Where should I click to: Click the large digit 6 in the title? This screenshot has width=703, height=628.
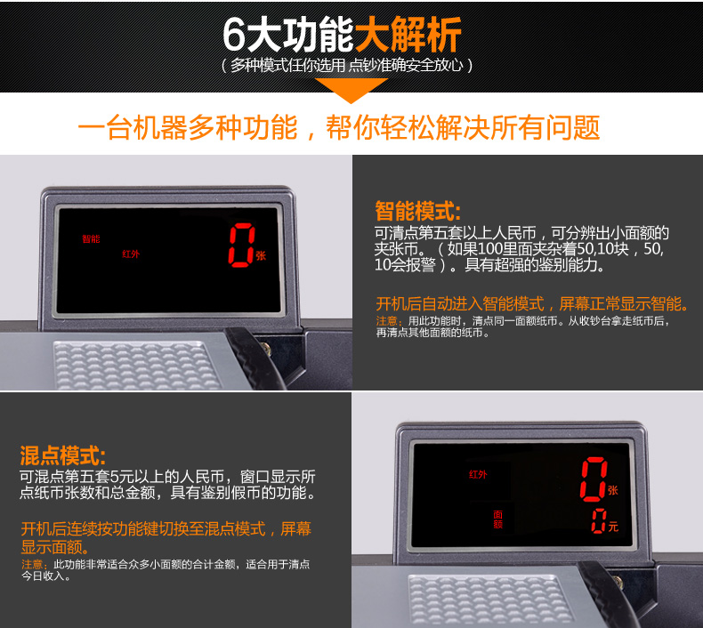[234, 35]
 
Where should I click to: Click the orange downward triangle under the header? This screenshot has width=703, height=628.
[351, 90]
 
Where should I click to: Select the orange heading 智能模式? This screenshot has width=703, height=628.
[418, 211]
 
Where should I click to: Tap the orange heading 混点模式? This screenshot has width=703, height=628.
[63, 455]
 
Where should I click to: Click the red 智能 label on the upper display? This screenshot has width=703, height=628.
[91, 238]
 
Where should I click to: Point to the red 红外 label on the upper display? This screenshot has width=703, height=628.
[131, 254]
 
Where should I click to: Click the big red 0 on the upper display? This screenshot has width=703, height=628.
[242, 245]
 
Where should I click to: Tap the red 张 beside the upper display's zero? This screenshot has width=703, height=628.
[261, 256]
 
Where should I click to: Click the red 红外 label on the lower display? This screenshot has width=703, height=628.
[478, 474]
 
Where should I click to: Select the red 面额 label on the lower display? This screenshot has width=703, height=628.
[498, 519]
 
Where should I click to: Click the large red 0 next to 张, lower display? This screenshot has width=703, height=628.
[594, 479]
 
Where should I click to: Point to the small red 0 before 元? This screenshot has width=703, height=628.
[599, 521]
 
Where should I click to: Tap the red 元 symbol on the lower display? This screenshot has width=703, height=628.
[613, 527]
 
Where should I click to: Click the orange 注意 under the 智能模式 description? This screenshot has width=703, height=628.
[386, 321]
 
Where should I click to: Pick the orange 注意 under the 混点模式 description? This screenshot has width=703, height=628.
[32, 564]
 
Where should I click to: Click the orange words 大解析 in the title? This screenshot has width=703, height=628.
[408, 35]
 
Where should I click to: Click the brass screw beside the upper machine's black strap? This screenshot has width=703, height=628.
[267, 348]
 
